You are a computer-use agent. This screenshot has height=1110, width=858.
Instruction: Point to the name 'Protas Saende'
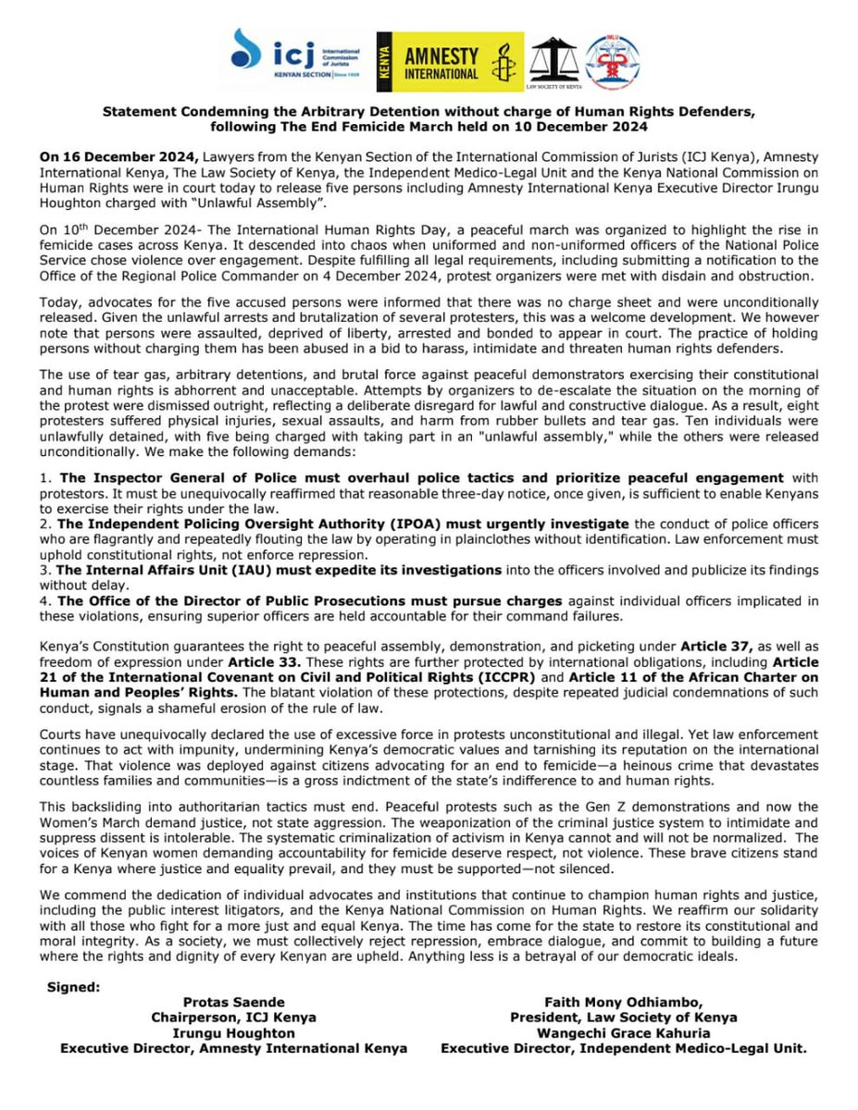234,1003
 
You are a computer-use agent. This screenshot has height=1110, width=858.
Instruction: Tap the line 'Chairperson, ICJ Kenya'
234,1017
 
